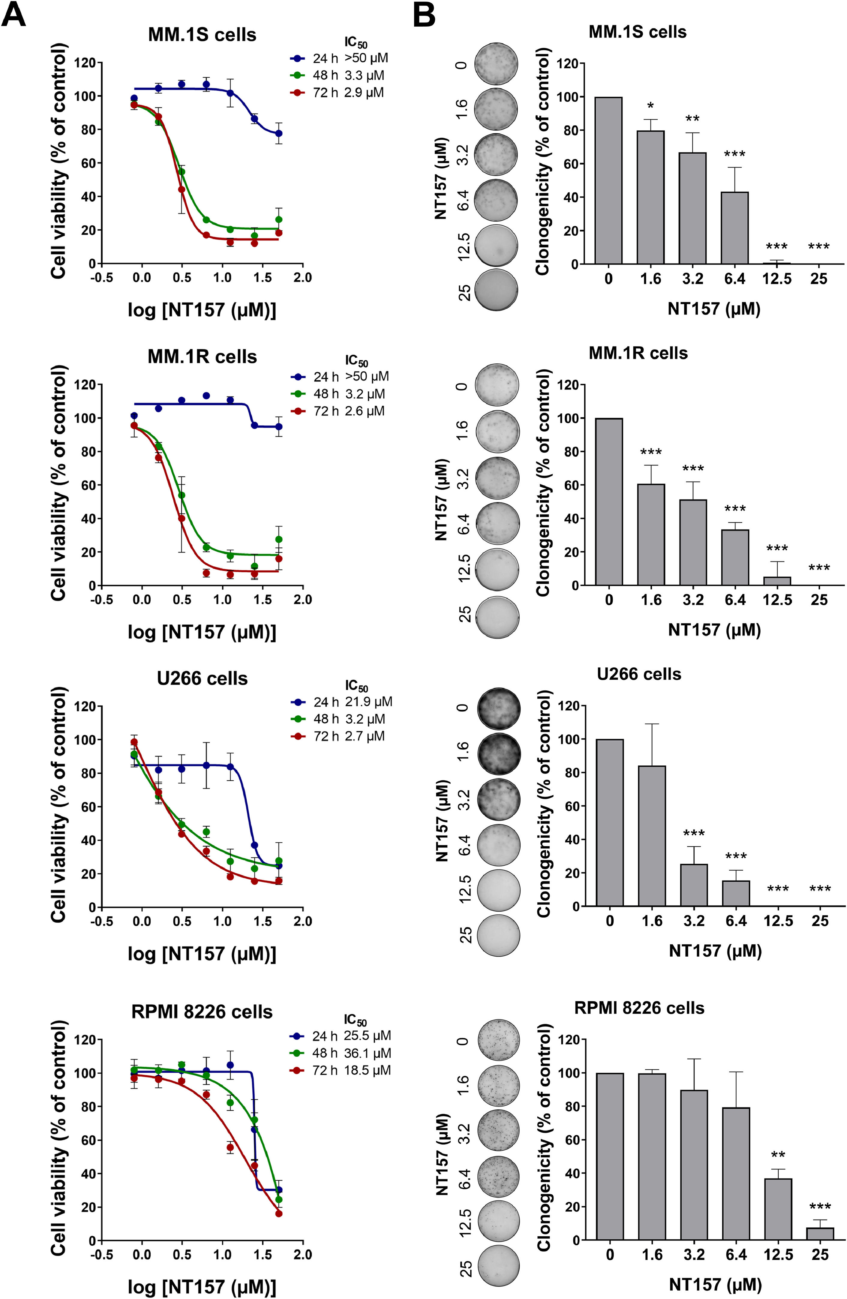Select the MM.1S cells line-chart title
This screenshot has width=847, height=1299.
[202, 35]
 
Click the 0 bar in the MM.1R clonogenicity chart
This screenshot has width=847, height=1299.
[609, 502]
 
